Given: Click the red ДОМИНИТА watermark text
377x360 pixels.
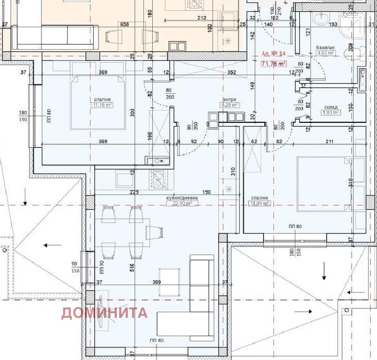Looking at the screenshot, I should [x=104, y=313].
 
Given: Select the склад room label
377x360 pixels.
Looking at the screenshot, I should [x=330, y=107].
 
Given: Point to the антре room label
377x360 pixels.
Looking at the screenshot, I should [x=229, y=100].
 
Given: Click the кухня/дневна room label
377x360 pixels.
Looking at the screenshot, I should [x=182, y=198].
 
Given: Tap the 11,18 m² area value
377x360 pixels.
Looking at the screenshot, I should [x=102, y=105].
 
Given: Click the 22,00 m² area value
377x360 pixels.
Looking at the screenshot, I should [x=182, y=203].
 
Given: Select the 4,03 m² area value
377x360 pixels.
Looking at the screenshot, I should [x=326, y=53].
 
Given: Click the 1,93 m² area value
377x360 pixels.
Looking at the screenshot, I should [x=330, y=112].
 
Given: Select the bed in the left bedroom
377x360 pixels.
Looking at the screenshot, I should [x=98, y=102].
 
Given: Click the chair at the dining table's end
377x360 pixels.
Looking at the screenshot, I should [x=155, y=232].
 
